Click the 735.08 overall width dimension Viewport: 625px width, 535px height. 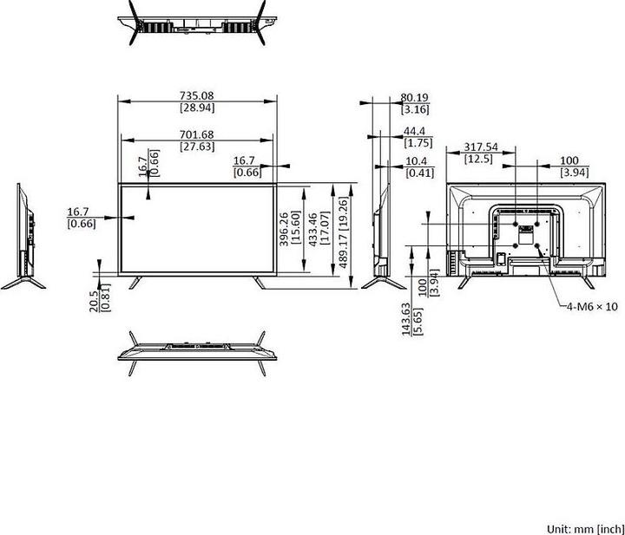(197, 95)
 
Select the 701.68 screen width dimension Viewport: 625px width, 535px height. (197, 134)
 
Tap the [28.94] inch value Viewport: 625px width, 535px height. (197, 108)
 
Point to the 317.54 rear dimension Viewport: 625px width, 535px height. (481, 147)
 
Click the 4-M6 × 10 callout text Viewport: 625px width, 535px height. (593, 306)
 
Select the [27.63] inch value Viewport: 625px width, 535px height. (197, 147)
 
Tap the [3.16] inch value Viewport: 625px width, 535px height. (416, 109)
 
